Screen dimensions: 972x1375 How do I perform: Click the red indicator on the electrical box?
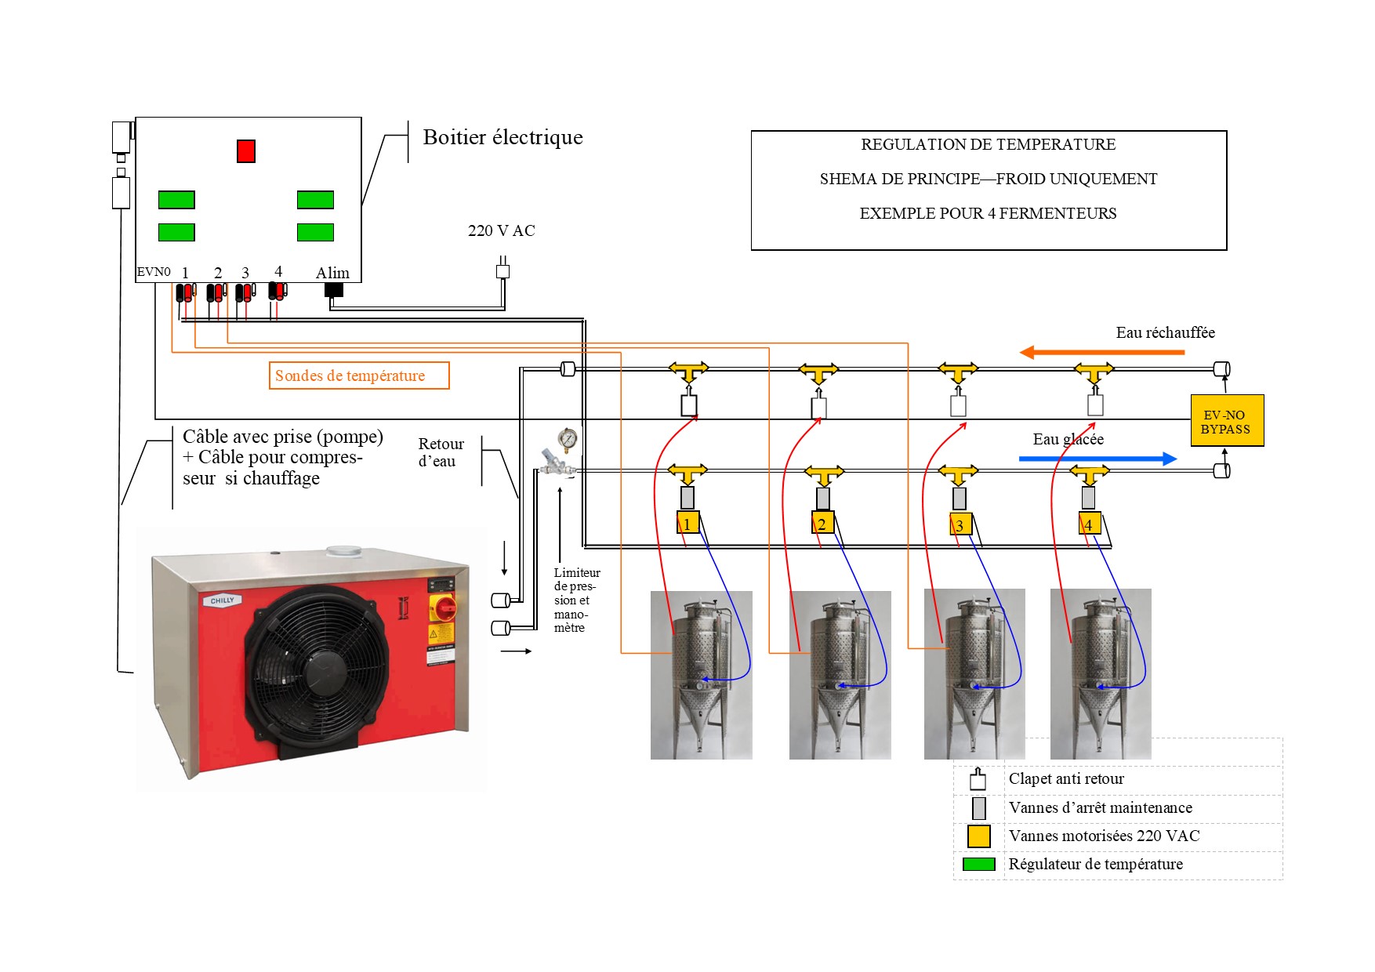point(246,151)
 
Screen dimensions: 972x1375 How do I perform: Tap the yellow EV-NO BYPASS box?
point(1227,421)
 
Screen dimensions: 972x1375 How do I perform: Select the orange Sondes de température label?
point(359,375)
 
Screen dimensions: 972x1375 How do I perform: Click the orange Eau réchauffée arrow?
point(1101,352)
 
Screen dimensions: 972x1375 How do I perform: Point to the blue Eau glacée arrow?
point(1097,459)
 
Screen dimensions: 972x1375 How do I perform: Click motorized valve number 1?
point(687,523)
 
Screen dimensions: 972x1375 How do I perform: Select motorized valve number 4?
point(1090,524)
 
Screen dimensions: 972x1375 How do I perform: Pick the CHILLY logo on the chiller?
point(222,600)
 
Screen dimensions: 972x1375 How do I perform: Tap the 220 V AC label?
point(501,230)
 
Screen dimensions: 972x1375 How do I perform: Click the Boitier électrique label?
point(502,137)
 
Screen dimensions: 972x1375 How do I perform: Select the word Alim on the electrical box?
point(332,273)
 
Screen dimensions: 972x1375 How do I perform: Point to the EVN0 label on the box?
point(154,272)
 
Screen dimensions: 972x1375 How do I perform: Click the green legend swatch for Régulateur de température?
point(978,864)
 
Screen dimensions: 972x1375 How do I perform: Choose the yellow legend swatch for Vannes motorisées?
point(978,836)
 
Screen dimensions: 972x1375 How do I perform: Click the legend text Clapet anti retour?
point(1065,778)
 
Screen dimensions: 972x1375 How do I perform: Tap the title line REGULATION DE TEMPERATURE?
point(988,144)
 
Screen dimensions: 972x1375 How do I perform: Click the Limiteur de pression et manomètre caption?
point(576,600)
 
